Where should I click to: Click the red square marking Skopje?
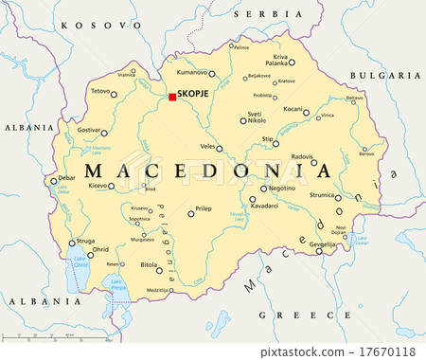[172, 97]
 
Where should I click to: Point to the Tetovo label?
[99, 91]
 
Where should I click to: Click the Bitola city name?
[150, 266]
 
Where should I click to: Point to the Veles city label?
[207, 146]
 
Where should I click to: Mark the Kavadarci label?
[264, 205]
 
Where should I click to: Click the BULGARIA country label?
[384, 75]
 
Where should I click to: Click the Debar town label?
[66, 177]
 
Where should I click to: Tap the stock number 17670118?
[391, 350]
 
